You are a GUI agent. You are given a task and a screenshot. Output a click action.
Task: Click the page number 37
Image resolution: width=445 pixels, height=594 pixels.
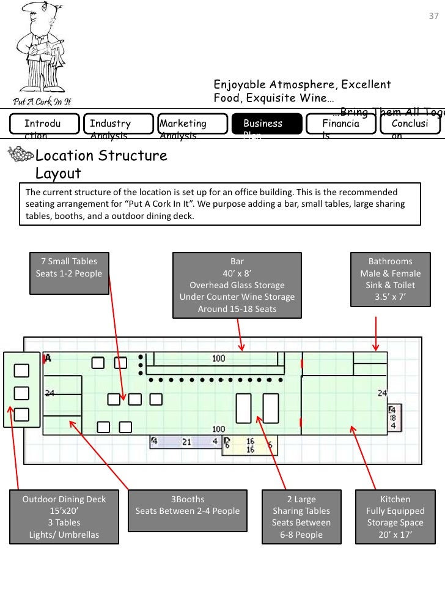[x=433, y=16]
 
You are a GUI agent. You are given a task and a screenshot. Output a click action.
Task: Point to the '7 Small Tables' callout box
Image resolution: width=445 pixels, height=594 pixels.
[x=69, y=267]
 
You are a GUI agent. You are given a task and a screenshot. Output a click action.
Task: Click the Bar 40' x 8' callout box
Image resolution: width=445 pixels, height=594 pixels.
[x=237, y=285]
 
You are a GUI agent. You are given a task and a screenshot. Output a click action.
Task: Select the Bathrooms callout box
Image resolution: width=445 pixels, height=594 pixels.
[x=390, y=279]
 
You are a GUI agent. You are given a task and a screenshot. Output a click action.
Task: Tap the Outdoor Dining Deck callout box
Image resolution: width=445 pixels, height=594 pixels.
[x=64, y=517]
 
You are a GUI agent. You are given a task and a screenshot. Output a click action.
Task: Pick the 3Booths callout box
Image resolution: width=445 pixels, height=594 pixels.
[x=188, y=505]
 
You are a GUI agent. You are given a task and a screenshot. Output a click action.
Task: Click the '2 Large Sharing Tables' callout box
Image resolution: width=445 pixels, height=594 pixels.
[x=301, y=517]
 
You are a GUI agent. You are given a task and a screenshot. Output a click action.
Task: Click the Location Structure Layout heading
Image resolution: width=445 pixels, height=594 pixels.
[x=101, y=164]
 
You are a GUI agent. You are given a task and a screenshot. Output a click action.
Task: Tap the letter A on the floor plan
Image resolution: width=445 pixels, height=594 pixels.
[x=48, y=357]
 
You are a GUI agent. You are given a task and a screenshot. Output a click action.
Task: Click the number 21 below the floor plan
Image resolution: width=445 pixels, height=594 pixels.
[x=186, y=441]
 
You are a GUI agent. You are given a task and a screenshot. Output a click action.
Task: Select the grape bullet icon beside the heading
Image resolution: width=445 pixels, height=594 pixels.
[x=18, y=157]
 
